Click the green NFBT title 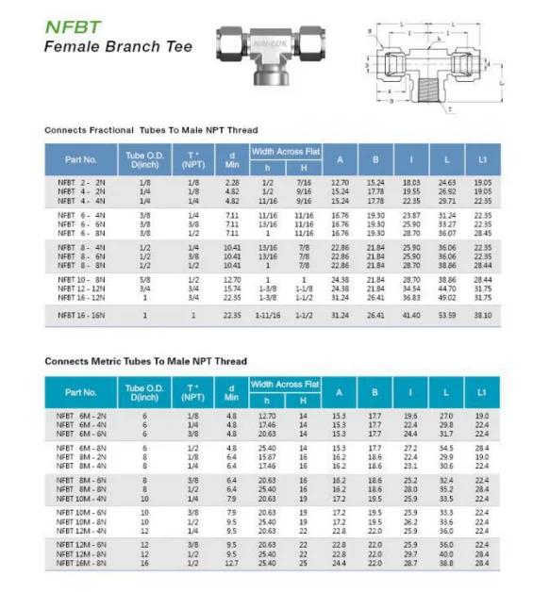pyautogui.click(x=73, y=25)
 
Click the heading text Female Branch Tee pyautogui.click(x=118, y=46)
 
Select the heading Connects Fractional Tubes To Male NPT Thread pyautogui.click(x=151, y=129)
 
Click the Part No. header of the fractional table pyautogui.click(x=81, y=159)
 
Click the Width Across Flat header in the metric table pyautogui.click(x=285, y=384)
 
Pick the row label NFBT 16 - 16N pyautogui.click(x=79, y=315)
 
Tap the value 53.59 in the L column pyautogui.click(x=447, y=315)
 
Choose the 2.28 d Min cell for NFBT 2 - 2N pyautogui.click(x=232, y=182)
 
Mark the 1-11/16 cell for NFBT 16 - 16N pyautogui.click(x=267, y=315)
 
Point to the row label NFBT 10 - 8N pyautogui.click(x=79, y=280)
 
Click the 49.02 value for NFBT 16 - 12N pyautogui.click(x=447, y=297)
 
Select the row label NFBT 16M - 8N pyautogui.click(x=79, y=562)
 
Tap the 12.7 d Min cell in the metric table pyautogui.click(x=232, y=562)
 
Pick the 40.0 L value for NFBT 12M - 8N pyautogui.click(x=447, y=553)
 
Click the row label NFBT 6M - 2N pyautogui.click(x=79, y=415)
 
